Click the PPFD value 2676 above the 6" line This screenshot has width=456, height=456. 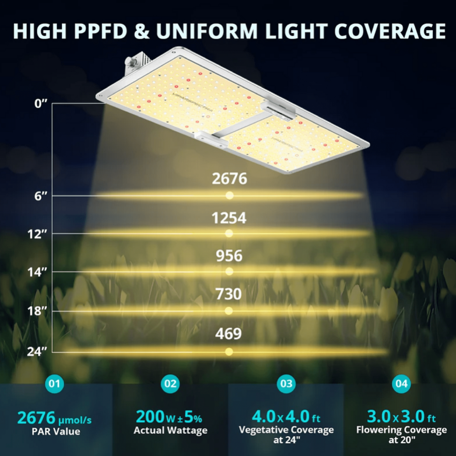point(229,179)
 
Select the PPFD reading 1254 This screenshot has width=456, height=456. point(229,218)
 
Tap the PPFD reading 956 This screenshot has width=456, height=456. point(229,256)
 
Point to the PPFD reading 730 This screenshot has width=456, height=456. point(229,294)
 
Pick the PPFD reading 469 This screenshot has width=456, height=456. point(228,334)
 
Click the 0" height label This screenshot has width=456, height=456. point(41,104)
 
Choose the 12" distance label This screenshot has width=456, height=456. point(37,234)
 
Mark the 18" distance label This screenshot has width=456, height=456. point(37,311)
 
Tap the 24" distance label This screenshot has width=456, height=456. point(37,352)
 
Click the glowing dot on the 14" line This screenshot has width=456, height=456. point(229,271)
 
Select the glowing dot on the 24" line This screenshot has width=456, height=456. point(229,352)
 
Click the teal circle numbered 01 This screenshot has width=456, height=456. point(55,384)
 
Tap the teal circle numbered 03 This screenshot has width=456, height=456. point(286,384)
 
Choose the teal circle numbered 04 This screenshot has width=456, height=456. point(401,384)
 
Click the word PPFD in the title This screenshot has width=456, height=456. point(101,31)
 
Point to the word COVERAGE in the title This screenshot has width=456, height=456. point(390,31)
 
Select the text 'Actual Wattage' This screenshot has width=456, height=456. point(170,430)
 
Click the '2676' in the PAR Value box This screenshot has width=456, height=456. point(36,418)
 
